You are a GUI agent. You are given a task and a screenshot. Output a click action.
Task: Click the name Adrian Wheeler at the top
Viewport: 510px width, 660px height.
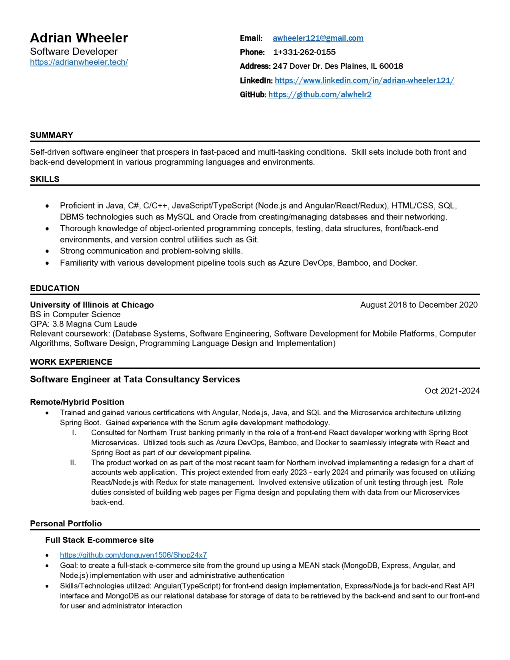click(79, 38)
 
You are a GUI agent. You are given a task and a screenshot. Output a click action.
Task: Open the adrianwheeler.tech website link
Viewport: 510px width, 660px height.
click(79, 62)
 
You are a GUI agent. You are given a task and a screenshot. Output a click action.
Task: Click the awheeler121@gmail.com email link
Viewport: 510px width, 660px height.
click(318, 38)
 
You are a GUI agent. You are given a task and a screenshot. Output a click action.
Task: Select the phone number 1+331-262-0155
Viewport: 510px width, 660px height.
click(304, 52)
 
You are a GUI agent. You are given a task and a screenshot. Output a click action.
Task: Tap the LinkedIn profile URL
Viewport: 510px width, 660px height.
click(364, 80)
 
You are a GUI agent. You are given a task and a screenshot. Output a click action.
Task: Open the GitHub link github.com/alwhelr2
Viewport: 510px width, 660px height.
click(320, 94)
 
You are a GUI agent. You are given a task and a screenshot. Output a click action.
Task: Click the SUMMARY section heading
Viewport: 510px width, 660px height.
click(52, 135)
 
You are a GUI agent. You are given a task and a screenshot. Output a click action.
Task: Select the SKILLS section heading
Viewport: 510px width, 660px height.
click(45, 179)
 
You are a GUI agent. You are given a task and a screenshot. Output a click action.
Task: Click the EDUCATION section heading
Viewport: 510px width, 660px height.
click(55, 288)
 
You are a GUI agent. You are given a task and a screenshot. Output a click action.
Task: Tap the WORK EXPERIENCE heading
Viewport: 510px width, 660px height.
click(71, 362)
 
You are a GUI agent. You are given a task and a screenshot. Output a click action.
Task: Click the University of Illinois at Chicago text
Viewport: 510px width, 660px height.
click(92, 305)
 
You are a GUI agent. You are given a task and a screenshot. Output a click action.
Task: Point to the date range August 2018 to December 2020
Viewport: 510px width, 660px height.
click(419, 305)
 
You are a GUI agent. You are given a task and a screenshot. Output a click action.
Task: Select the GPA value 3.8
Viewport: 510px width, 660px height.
click(58, 324)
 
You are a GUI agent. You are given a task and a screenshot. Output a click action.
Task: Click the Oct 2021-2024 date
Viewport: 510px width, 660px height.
click(452, 391)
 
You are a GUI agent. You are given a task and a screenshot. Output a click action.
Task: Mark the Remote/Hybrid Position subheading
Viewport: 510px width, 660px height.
click(77, 402)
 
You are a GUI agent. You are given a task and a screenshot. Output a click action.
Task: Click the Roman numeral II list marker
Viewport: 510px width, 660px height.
click(73, 463)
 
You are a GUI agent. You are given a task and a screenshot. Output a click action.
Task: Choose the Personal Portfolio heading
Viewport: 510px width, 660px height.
click(66, 524)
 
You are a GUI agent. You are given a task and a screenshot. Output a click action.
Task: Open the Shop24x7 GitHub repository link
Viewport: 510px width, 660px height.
click(133, 555)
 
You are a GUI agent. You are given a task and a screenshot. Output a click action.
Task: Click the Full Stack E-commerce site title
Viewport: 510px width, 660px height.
click(99, 540)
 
